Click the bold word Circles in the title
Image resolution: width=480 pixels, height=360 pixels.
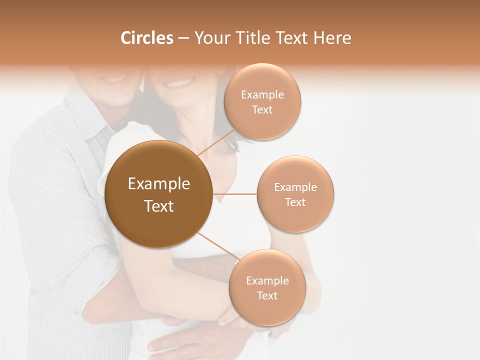point(146,38)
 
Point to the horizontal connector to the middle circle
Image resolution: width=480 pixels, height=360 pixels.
point(235,194)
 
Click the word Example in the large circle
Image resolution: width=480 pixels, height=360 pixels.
point(159,184)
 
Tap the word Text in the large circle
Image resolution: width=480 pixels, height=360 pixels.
point(159,206)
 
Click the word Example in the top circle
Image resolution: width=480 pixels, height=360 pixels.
point(262,95)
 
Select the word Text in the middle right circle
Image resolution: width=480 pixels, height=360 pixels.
point(295,202)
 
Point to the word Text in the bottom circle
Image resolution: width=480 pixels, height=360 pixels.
point(267,296)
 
